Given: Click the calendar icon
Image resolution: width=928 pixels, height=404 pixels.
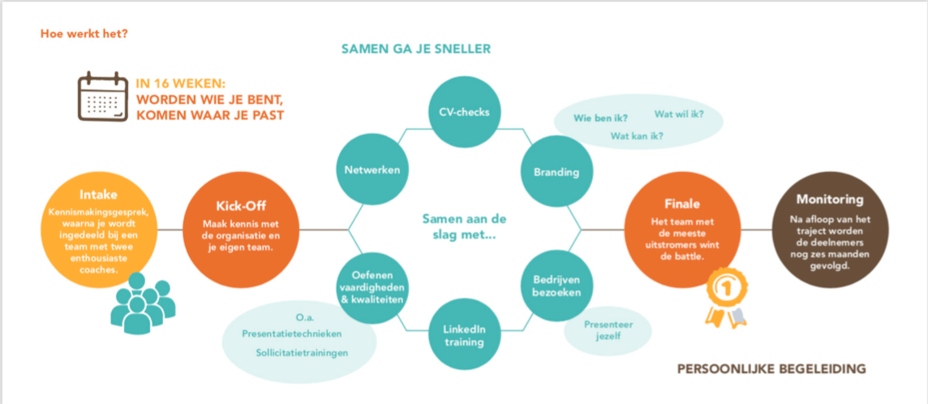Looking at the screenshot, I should point(102,97).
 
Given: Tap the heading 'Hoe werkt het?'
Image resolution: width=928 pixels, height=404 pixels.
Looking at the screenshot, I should point(84,34).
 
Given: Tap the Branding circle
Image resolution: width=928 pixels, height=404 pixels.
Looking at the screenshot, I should point(556,171).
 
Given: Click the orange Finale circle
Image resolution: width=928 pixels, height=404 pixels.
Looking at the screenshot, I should point(681,229).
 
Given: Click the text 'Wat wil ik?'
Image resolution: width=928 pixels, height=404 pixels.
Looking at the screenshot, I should point(678,114).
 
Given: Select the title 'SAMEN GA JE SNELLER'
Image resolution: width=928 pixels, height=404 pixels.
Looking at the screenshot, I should point(416,49).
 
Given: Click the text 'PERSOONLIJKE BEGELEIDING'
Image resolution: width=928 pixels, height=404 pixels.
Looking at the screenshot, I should point(771,369).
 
